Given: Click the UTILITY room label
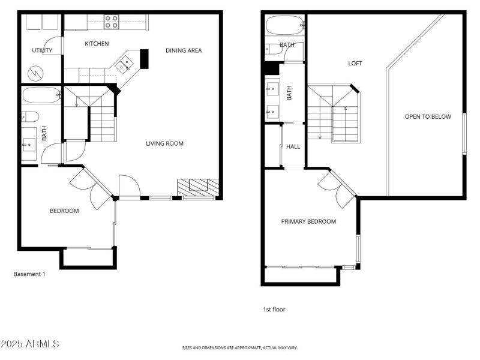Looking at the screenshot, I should (42, 50).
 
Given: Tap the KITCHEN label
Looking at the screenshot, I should (97, 44).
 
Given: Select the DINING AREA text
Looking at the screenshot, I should (184, 50).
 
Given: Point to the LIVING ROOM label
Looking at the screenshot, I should (164, 143).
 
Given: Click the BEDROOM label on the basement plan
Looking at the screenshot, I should (64, 211).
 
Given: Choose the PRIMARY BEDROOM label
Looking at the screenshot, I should (308, 221).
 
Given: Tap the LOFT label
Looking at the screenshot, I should (355, 63).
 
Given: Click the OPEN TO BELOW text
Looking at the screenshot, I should (427, 116).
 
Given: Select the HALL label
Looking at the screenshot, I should (293, 146).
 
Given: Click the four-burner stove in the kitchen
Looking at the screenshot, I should (112, 22).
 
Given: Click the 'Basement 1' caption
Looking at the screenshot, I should (29, 274).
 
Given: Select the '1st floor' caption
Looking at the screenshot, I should (274, 310).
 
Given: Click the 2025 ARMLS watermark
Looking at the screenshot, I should (30, 344).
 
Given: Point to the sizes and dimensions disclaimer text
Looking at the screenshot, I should (240, 347).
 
